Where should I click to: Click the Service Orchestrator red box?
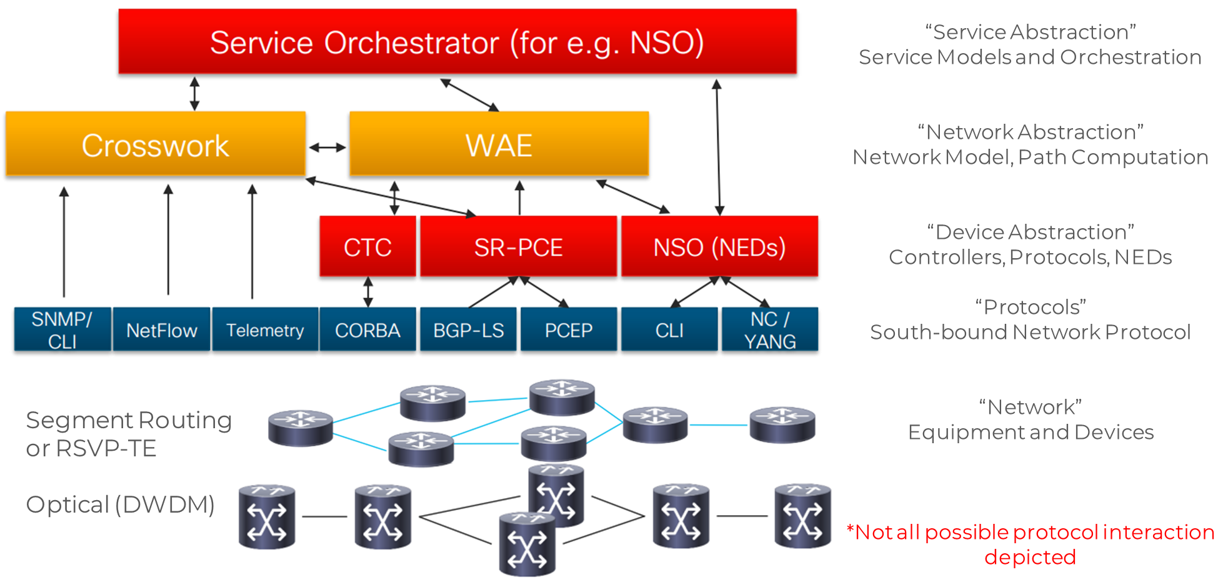click(x=457, y=42)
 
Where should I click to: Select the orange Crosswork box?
click(x=155, y=144)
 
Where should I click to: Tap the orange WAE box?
click(x=499, y=144)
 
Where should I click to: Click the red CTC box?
click(x=367, y=247)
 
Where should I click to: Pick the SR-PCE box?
click(x=518, y=247)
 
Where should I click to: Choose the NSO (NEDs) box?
click(x=719, y=247)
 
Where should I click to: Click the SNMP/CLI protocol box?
click(x=62, y=329)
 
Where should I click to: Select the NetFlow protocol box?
click(x=161, y=329)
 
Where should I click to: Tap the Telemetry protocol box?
click(x=265, y=329)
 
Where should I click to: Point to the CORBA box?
click(x=367, y=329)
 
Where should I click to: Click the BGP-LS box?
click(x=469, y=329)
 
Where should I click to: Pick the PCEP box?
click(x=569, y=329)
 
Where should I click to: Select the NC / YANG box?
click(x=770, y=329)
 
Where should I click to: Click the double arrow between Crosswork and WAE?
click(x=327, y=148)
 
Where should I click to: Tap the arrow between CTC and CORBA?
click(x=368, y=292)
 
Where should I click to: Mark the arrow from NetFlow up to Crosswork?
click(x=168, y=241)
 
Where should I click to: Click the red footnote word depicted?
click(x=1030, y=557)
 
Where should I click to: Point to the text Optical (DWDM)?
click(x=120, y=504)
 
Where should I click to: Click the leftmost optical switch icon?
click(x=267, y=517)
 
